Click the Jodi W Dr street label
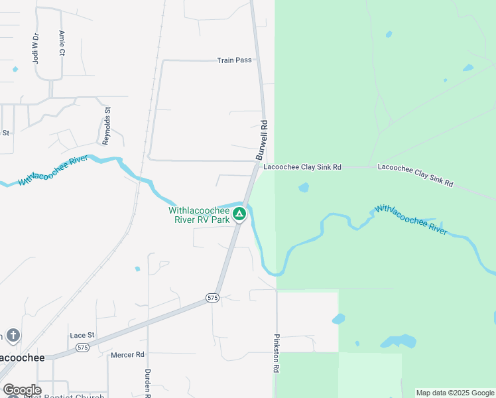click(36, 48)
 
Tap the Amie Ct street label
click(61, 42)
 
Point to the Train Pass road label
click(234, 60)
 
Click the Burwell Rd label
click(262, 139)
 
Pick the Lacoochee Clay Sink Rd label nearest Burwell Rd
click(302, 168)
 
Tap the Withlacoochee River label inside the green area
click(411, 218)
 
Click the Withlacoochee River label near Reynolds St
click(54, 170)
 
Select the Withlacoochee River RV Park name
click(199, 214)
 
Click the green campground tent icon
click(240, 214)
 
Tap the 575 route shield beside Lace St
click(82, 347)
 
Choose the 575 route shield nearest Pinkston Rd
click(212, 298)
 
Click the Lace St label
click(82, 336)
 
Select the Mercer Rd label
click(127, 355)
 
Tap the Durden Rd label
click(148, 383)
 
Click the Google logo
click(21, 390)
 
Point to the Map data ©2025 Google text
click(455, 393)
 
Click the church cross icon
click(13, 335)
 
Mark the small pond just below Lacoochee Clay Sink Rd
click(304, 188)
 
